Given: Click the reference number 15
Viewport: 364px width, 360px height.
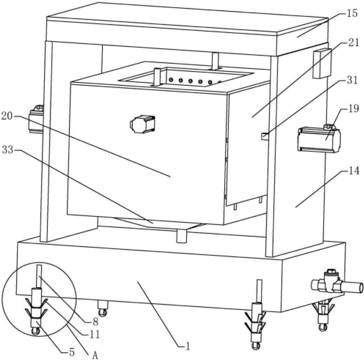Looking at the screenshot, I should (x=351, y=13).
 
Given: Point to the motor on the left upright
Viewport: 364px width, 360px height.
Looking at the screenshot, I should (x=37, y=118).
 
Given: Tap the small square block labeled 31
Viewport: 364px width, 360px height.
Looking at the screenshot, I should (x=265, y=136).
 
